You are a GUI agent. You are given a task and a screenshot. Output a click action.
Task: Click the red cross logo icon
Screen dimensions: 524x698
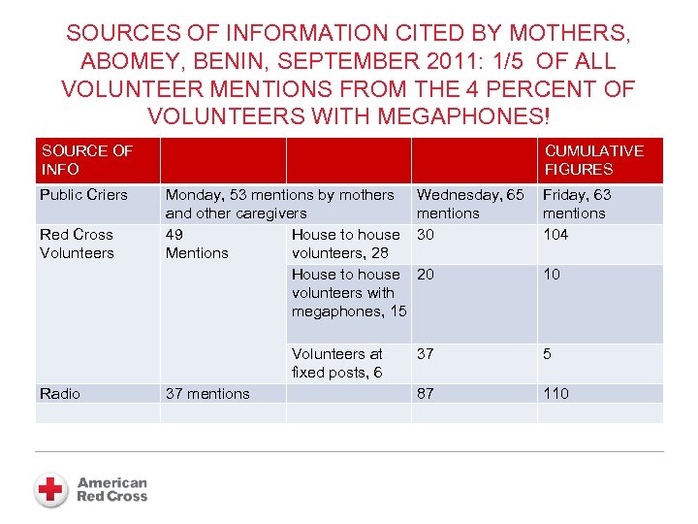pyautogui.click(x=50, y=488)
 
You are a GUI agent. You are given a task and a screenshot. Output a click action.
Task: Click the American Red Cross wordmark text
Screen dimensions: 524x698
pyautogui.click(x=112, y=489)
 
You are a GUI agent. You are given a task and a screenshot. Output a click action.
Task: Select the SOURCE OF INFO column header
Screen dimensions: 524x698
pyautogui.click(x=87, y=160)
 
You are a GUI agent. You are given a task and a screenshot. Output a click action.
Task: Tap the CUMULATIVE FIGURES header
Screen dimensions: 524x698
pyautogui.click(x=593, y=160)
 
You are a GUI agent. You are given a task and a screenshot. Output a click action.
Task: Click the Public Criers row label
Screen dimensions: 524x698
pyautogui.click(x=83, y=195)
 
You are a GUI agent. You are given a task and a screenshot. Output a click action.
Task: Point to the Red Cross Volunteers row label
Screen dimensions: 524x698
pyautogui.click(x=77, y=244)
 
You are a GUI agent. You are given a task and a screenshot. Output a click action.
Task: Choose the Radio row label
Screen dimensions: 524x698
pyautogui.click(x=60, y=394)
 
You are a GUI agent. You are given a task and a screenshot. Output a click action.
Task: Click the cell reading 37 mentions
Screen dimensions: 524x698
pyautogui.click(x=207, y=394)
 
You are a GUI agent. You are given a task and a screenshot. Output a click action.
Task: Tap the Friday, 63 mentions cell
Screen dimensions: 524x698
pyautogui.click(x=577, y=204)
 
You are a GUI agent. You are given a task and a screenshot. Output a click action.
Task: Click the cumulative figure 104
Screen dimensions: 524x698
pyautogui.click(x=555, y=235)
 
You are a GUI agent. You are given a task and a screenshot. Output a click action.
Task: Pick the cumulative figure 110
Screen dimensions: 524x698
pyautogui.click(x=555, y=394)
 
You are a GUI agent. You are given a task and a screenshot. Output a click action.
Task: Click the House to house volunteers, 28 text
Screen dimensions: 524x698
pyautogui.click(x=345, y=244)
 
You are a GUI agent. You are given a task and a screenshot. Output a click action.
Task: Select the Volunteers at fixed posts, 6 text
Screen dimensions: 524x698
pyautogui.click(x=337, y=363)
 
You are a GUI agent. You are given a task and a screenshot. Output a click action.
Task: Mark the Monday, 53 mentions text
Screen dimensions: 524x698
pyautogui.click(x=279, y=195)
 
